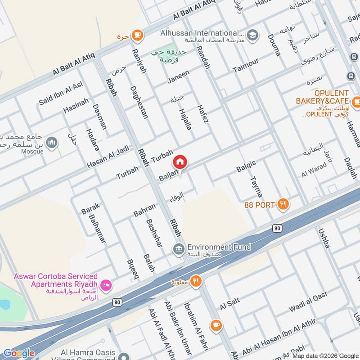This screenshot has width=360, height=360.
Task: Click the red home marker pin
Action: (x=180, y=162)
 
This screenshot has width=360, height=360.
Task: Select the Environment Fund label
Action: (x=219, y=247)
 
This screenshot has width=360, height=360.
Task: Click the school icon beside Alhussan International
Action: (x=252, y=35)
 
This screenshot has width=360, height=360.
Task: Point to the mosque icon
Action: (x=53, y=142)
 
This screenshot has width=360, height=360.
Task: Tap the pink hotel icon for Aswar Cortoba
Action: (x=106, y=284)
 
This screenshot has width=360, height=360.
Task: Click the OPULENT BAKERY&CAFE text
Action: (x=323, y=97)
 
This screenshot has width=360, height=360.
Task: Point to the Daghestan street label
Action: (x=139, y=102)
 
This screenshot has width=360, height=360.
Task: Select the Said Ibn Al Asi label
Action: (x=61, y=93)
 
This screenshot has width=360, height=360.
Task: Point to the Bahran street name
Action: (x=144, y=210)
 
